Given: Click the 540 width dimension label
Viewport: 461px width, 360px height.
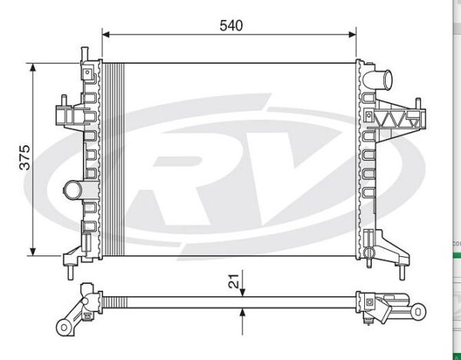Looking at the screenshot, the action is (231, 25).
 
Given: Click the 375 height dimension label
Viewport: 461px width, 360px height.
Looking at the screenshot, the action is (25, 158).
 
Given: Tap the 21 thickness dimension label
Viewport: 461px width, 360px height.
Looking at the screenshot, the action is (234, 281).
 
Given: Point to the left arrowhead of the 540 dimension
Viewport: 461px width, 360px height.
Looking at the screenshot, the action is (106, 35).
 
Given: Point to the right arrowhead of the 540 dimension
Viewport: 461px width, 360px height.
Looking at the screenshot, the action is (352, 35).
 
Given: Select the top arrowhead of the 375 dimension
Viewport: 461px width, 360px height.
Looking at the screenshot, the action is (33, 67).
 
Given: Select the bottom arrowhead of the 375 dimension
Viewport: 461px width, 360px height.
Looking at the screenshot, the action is (33, 252).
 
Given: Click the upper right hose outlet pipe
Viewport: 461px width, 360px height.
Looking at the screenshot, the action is (377, 78).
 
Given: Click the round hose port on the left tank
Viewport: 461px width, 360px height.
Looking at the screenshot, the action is (73, 190).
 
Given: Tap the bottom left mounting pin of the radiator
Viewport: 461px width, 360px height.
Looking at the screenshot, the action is (70, 272).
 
